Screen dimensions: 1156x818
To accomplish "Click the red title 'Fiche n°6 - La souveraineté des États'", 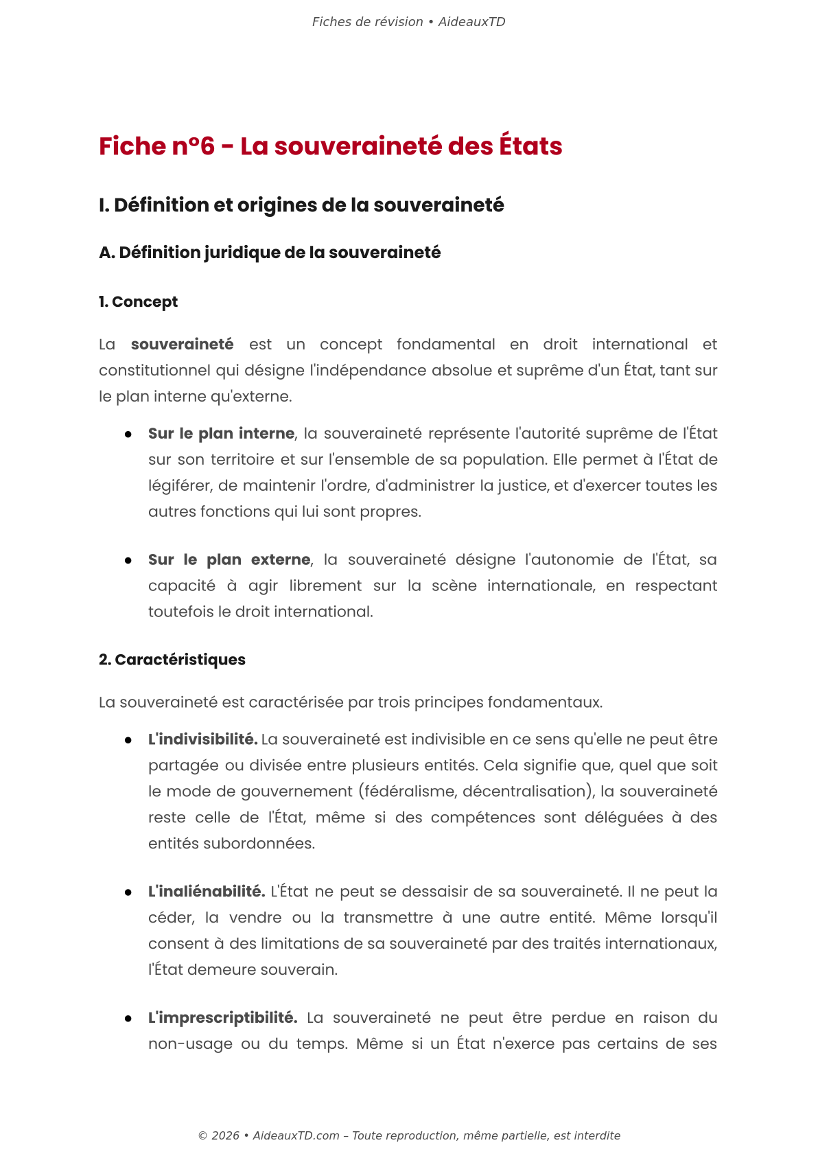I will pyautogui.click(x=330, y=146).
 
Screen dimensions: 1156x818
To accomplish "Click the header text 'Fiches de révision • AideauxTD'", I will pyautogui.click(x=408, y=22).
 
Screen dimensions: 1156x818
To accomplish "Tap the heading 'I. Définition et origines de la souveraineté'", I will pyautogui.click(x=301, y=205).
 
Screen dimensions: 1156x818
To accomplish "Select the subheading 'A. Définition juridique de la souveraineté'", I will pyautogui.click(x=270, y=253).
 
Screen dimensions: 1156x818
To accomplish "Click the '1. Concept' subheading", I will pyautogui.click(x=138, y=302).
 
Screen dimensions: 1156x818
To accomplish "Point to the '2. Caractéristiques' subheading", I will pyautogui.click(x=172, y=660).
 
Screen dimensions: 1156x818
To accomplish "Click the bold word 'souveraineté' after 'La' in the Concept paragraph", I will pyautogui.click(x=182, y=345).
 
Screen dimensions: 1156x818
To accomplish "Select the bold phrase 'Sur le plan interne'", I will pyautogui.click(x=221, y=434).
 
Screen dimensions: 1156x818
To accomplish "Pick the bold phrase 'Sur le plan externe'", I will pyautogui.click(x=229, y=560).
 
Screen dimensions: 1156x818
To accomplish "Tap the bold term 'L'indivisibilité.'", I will pyautogui.click(x=202, y=740).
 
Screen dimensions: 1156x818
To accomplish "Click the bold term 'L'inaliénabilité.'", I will pyautogui.click(x=206, y=892).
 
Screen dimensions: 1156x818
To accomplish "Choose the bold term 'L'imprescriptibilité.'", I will pyautogui.click(x=222, y=1018).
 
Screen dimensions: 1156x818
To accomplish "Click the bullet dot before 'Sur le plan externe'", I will pyautogui.click(x=128, y=561).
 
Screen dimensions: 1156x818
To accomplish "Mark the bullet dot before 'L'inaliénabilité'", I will pyautogui.click(x=128, y=892).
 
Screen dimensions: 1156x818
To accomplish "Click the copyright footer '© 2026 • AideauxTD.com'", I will pyautogui.click(x=268, y=1135).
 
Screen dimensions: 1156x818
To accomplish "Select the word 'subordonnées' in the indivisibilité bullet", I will pyautogui.click(x=270, y=844).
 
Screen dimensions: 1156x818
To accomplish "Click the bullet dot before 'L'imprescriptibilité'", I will pyautogui.click(x=128, y=1019).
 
